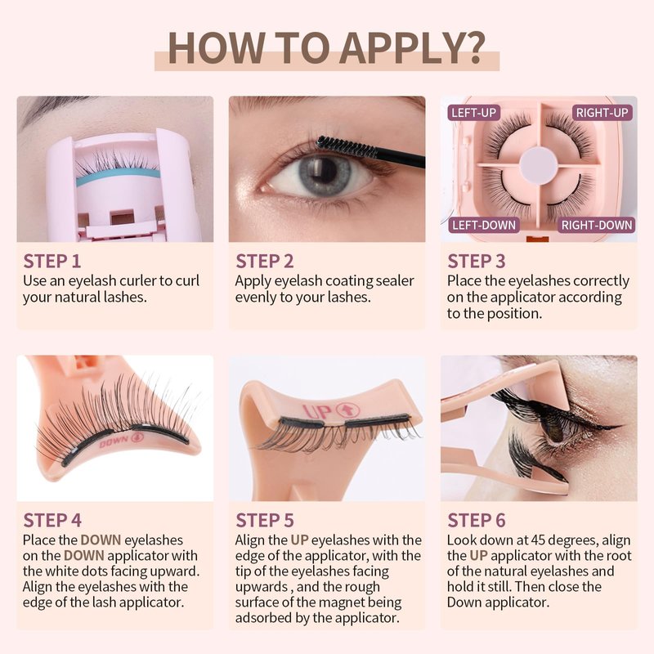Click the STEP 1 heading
point(52,262)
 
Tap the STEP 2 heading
point(264,262)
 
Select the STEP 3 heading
point(477,262)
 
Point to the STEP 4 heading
point(52,521)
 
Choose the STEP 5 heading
point(264,521)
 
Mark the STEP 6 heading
point(477,521)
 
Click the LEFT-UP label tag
point(474,113)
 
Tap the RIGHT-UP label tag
point(602,113)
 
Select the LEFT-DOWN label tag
point(484,226)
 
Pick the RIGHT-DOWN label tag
point(597,226)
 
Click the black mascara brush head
point(339,146)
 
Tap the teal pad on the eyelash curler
point(118,176)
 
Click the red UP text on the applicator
point(316,412)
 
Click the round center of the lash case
point(539,164)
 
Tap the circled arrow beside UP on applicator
point(347,410)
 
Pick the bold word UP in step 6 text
point(478,556)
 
